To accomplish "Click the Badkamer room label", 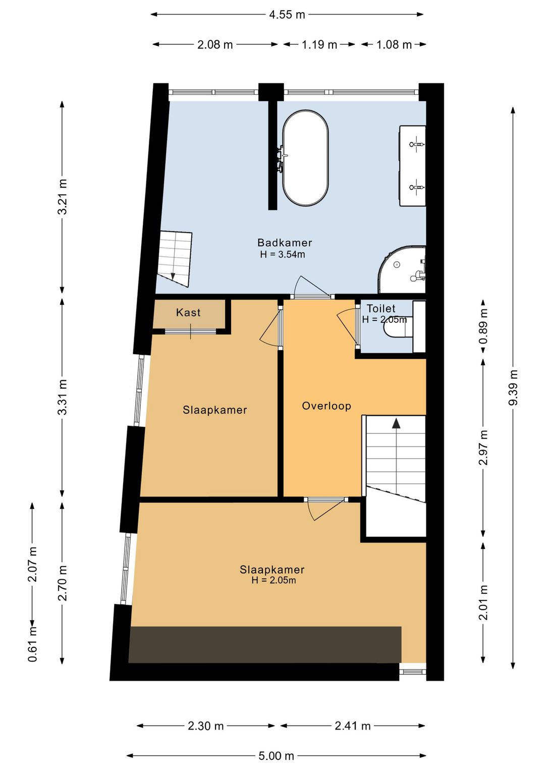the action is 285,243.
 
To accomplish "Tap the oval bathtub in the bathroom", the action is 305,158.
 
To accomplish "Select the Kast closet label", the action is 188,312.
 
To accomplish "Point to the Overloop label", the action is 326,406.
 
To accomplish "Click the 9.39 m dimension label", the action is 513,388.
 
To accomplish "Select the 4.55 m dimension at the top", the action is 287,15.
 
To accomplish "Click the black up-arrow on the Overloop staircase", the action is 397,423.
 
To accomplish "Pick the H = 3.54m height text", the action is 283,254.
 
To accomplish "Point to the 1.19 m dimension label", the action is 319,45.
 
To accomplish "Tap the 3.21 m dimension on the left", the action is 62,197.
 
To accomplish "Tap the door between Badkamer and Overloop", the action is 312,296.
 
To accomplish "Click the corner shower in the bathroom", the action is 402,269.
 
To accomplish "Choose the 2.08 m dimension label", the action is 215,45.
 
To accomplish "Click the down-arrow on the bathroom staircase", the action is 173,276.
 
